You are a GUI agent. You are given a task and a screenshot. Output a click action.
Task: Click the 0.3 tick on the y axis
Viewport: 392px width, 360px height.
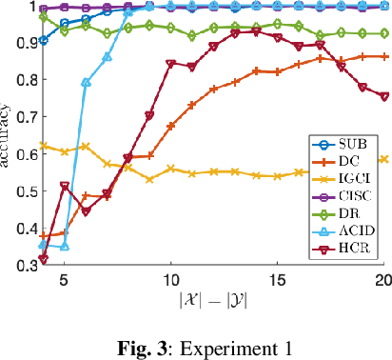click(x=21, y=267)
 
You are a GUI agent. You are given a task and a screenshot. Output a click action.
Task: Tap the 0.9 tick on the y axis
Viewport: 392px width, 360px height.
click(x=21, y=44)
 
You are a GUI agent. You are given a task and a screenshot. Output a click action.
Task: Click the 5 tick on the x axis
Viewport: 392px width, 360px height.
click(x=64, y=282)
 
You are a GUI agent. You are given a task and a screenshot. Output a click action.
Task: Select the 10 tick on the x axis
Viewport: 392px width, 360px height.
click(x=170, y=282)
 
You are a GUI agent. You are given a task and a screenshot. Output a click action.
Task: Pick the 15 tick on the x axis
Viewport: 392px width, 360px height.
click(x=277, y=282)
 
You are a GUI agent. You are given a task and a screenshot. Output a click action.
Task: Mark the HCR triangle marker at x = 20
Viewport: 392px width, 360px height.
click(x=383, y=97)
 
